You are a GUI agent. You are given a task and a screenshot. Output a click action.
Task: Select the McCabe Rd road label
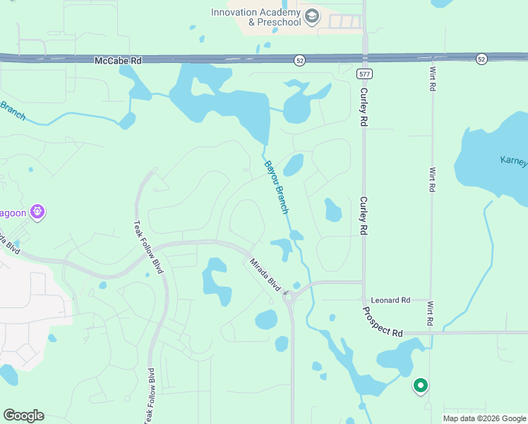pyautogui.click(x=118, y=61)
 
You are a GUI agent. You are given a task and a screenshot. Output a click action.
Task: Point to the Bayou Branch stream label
pyautogui.click(x=277, y=187)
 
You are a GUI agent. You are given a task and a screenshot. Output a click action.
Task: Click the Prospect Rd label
pyautogui.click(x=382, y=322)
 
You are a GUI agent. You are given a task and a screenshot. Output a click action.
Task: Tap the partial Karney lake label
pyautogui.click(x=513, y=161)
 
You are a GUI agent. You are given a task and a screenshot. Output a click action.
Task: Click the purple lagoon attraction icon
pyautogui.click(x=38, y=211)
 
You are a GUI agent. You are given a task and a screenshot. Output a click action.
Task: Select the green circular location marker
pyautogui.click(x=421, y=385)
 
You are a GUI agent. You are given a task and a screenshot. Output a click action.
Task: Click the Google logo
pyautogui.click(x=23, y=416)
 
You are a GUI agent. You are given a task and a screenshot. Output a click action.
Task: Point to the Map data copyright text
pyautogui.click(x=484, y=418)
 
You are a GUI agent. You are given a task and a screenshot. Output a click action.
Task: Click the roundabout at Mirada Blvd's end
pyautogui.click(x=289, y=298)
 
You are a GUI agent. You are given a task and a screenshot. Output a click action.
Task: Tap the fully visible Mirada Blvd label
pyautogui.click(x=265, y=276)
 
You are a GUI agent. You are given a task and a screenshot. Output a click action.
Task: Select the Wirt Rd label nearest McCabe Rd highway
pyautogui.click(x=432, y=78)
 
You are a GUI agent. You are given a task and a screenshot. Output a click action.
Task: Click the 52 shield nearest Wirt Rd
pyautogui.click(x=481, y=58)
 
